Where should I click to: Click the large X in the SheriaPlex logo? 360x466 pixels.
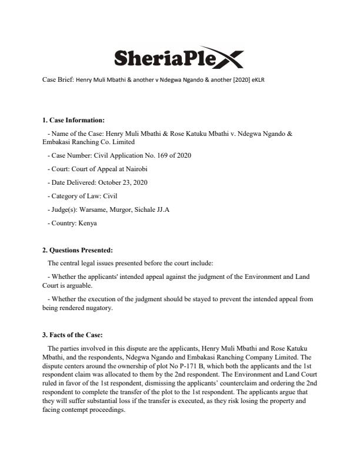click(228, 57)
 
